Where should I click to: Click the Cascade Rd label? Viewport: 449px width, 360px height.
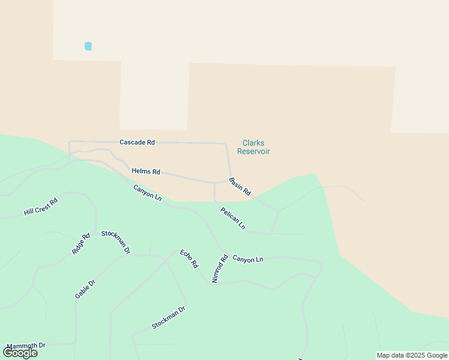click(x=137, y=142)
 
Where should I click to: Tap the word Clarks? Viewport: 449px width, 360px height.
click(x=253, y=143)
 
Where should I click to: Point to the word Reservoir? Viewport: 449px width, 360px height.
click(x=253, y=151)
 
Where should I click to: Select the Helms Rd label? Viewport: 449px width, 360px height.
click(x=146, y=172)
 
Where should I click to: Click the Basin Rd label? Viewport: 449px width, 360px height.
click(x=240, y=185)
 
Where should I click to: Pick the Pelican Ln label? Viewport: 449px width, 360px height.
click(x=233, y=218)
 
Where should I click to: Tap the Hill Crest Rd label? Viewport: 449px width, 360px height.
click(x=41, y=207)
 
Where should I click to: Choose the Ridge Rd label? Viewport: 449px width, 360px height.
click(x=80, y=244)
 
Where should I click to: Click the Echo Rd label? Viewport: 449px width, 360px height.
click(x=189, y=259)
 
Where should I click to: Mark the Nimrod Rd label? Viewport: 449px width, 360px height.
click(x=220, y=268)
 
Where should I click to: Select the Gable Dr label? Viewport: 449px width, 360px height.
click(x=85, y=289)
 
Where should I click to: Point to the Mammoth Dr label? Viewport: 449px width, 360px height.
click(x=26, y=346)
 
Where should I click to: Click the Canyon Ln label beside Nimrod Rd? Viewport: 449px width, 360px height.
click(x=248, y=259)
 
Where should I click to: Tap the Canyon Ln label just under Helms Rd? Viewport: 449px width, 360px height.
click(x=147, y=193)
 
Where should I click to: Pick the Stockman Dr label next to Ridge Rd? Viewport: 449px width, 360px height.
click(x=116, y=242)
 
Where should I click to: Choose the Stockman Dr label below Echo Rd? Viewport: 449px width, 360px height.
click(x=169, y=318)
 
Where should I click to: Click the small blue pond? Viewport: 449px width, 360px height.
click(x=88, y=46)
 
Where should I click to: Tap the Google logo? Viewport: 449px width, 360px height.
click(x=20, y=353)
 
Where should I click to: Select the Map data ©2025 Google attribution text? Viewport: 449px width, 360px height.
click(x=412, y=355)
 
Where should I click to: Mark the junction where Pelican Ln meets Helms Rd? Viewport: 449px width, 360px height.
click(x=214, y=182)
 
